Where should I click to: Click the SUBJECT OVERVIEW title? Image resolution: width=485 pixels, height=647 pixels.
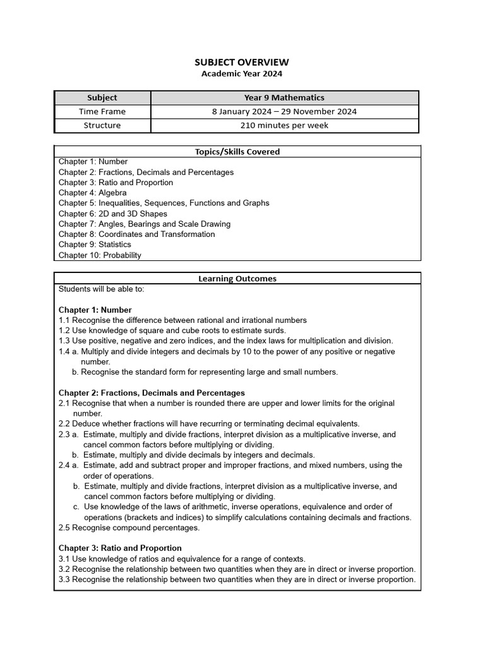[x=242, y=62]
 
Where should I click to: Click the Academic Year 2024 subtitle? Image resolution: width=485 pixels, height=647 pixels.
[x=242, y=73]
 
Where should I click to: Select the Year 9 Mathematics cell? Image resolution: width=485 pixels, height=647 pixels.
[x=284, y=97]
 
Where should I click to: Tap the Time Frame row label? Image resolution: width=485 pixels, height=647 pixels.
[x=102, y=111]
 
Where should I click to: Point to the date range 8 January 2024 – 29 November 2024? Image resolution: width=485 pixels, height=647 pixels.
[x=284, y=111]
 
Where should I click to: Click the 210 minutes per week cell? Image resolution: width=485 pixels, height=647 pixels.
[x=284, y=125]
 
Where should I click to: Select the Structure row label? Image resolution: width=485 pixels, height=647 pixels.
[x=102, y=125]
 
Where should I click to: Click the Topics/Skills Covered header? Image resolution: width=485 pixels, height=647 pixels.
[x=237, y=152]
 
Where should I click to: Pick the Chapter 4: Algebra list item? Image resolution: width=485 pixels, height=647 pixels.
[x=92, y=193]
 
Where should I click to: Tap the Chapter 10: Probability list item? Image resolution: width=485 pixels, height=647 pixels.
[x=100, y=255]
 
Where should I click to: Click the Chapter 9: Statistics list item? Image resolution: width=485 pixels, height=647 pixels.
[x=95, y=245]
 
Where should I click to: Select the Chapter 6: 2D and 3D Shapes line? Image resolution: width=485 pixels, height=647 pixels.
[x=113, y=214]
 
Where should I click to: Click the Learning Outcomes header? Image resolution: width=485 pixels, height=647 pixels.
[x=237, y=278]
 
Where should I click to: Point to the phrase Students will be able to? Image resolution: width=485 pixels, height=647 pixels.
[x=102, y=289]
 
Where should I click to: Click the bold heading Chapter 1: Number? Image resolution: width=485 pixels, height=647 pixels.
[x=95, y=310]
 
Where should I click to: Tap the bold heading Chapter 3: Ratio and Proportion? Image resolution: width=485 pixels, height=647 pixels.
[x=120, y=548]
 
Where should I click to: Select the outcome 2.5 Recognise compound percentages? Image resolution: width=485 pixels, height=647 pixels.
[x=129, y=528]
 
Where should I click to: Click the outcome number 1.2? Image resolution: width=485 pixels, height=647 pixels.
[x=64, y=330]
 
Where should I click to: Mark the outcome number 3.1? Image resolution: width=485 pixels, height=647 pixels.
[x=64, y=559]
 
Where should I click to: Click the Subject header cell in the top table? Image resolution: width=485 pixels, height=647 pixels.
[x=102, y=97]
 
